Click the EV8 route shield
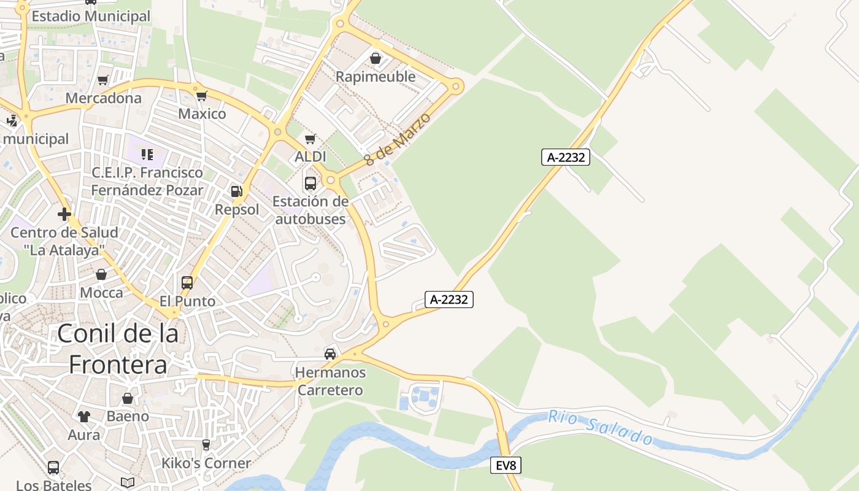506,466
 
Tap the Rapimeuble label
376,77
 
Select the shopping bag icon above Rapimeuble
376,59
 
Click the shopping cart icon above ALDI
310,139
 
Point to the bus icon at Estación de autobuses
310,184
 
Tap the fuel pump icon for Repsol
237,191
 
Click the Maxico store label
202,114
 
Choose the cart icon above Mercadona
103,80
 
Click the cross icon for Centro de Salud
64,214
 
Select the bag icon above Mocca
101,274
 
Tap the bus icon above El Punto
187,283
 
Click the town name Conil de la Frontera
118,349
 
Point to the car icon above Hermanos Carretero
330,354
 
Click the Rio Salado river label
601,427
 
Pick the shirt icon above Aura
84,417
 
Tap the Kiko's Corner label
206,463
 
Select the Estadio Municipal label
91,16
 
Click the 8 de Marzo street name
398,139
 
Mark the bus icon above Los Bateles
53,468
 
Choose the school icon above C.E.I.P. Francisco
147,154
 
